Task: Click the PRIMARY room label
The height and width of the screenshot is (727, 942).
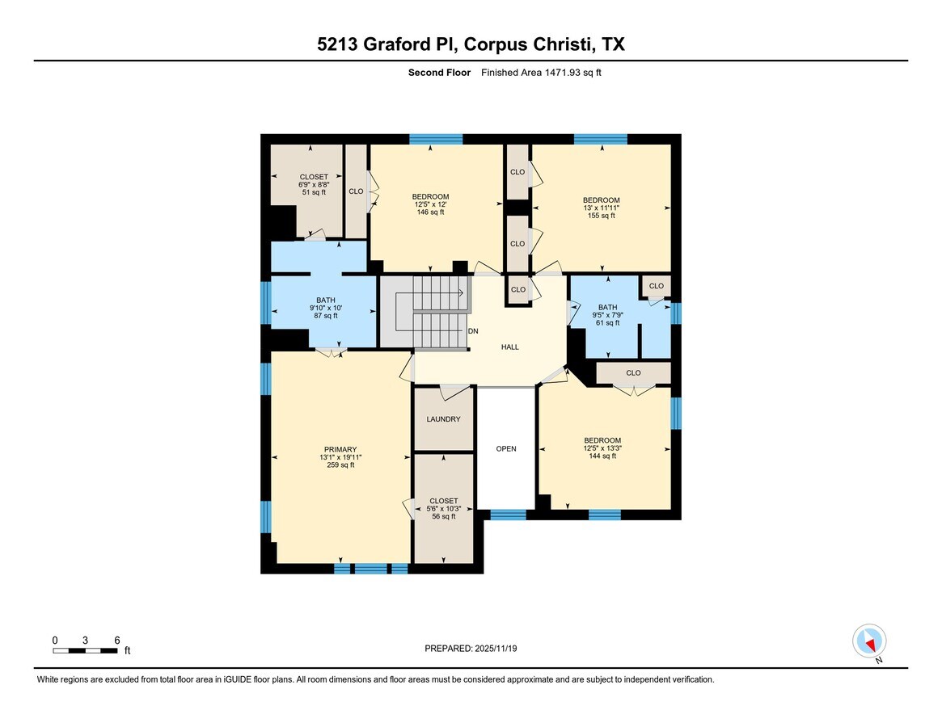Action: (340, 450)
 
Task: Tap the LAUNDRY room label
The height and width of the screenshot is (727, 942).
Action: (443, 419)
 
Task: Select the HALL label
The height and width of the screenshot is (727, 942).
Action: (509, 347)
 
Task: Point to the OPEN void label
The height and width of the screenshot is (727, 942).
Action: (505, 449)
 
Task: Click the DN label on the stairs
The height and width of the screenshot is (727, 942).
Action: (473, 331)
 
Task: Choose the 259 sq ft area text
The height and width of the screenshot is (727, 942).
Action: (340, 465)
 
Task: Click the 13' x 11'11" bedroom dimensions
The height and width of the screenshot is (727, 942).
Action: (602, 208)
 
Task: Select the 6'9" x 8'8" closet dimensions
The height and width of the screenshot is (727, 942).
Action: (314, 184)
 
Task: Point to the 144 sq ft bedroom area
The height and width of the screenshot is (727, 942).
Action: (602, 456)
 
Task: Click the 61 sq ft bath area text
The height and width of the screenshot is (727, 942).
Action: (607, 323)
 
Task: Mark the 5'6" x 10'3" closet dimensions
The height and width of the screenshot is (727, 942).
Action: (443, 509)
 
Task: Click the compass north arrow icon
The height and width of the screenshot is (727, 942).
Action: (869, 642)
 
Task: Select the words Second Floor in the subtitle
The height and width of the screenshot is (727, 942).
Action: (439, 73)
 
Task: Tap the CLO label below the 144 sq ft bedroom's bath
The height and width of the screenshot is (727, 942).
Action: (633, 373)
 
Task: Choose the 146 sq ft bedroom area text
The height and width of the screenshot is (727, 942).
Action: (430, 212)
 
